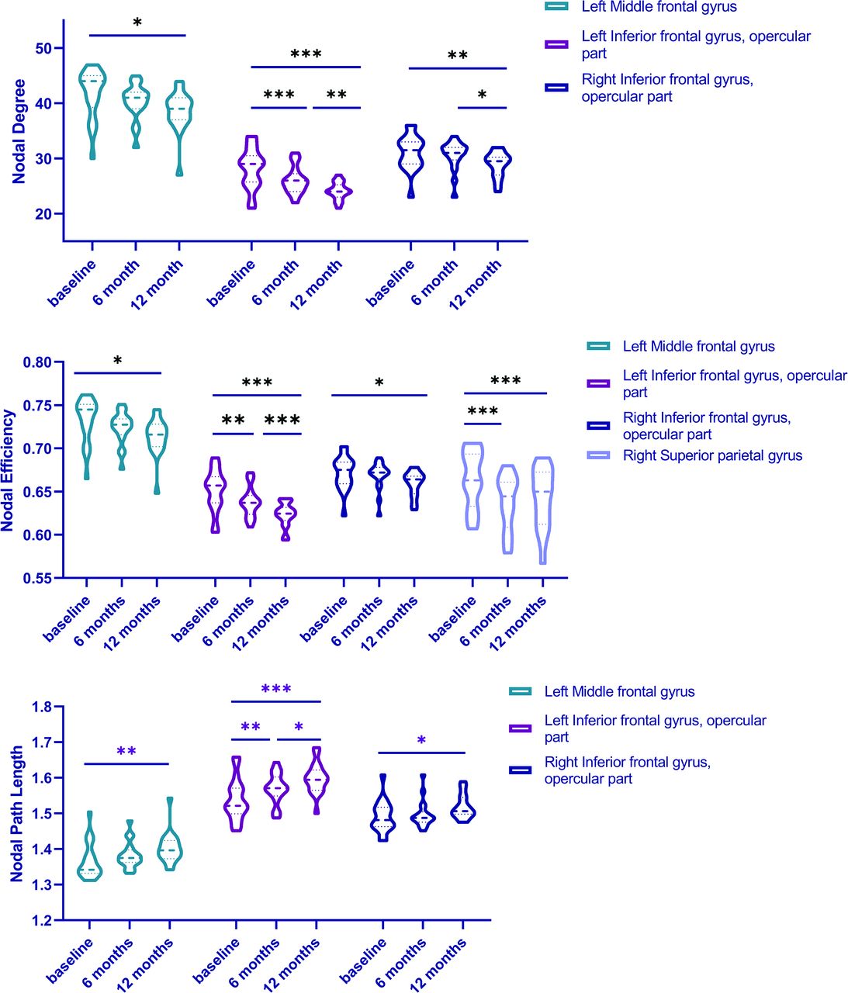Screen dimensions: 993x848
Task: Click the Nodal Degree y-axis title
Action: click(x=19, y=131)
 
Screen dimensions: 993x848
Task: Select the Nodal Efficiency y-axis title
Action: click(x=9, y=470)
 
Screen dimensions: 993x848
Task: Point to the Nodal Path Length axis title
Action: click(x=17, y=814)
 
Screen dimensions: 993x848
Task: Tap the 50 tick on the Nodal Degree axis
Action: click(x=43, y=48)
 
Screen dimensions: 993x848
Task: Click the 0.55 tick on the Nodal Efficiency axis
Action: click(x=36, y=578)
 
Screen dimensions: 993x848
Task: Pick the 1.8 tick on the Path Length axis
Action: click(x=42, y=707)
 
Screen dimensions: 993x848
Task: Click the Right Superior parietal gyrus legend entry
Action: click(x=711, y=456)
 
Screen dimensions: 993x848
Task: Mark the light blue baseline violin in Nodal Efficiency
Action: click(x=472, y=486)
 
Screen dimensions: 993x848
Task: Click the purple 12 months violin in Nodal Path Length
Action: click(x=317, y=780)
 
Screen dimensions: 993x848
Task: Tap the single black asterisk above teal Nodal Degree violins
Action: click(x=137, y=23)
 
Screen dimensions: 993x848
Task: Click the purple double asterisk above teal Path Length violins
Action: click(x=126, y=751)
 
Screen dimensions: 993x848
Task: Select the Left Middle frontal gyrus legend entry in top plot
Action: click(x=659, y=7)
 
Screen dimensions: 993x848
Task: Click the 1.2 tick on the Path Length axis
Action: click(x=42, y=921)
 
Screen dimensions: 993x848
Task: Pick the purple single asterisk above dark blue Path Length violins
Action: click(x=421, y=741)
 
